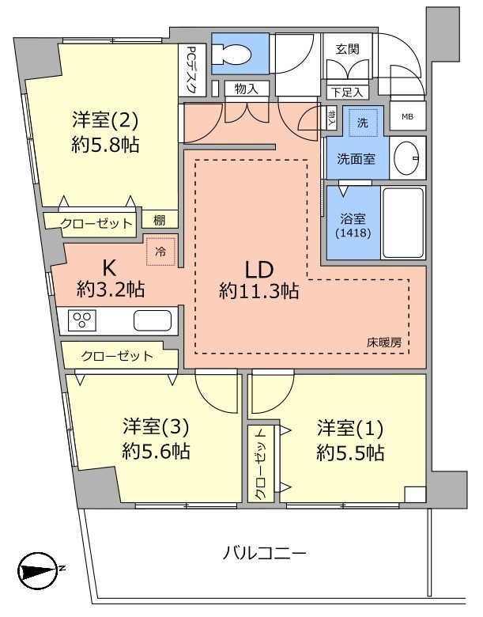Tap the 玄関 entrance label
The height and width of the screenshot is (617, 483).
pos(348,48)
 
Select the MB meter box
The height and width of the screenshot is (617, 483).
pos(407,117)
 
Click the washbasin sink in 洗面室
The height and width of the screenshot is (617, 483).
pos(408,155)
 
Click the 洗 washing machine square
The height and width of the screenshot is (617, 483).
pos(363,123)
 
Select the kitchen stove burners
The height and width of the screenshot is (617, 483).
pos(81,320)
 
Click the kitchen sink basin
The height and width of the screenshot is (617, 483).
pos(152,320)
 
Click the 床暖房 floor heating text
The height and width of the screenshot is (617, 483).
pos(384,343)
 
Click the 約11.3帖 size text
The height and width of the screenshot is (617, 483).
pos(259,291)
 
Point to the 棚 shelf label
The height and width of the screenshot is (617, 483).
pos(160,221)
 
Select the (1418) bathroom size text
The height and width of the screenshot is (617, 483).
pos(348,234)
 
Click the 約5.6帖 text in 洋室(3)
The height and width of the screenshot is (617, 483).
pos(156,452)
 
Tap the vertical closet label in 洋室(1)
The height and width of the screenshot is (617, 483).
pos(260,463)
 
